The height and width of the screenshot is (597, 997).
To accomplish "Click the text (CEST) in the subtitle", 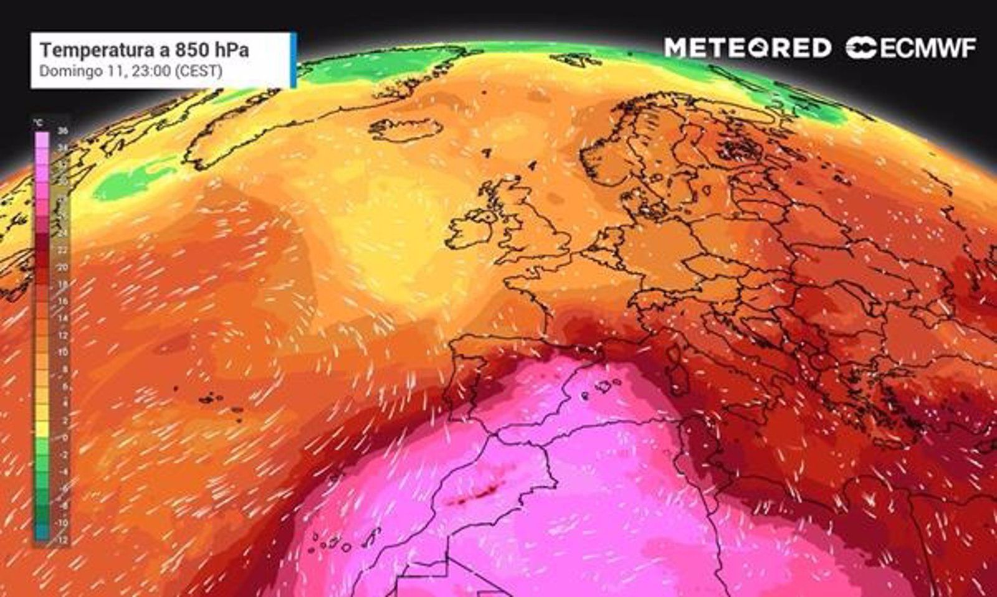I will tap(198, 71).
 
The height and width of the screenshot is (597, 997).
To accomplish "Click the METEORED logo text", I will tap(747, 48).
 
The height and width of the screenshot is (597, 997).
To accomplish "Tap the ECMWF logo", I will tap(911, 48).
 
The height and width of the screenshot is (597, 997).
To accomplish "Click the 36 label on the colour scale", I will tap(62, 131).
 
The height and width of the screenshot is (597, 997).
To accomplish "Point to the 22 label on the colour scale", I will tap(62, 250).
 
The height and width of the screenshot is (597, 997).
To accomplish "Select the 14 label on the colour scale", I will tap(62, 318).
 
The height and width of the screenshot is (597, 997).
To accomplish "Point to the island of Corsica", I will tap(674, 354).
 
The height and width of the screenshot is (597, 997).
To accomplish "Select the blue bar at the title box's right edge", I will tap(293, 60).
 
